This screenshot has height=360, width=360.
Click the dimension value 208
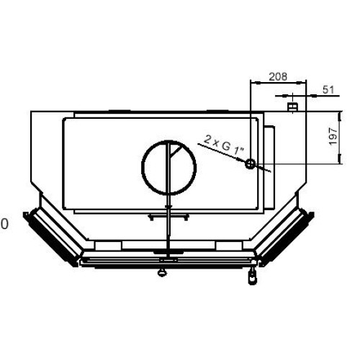point(278,76)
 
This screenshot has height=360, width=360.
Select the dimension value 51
point(328,90)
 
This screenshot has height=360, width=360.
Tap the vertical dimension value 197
point(333,137)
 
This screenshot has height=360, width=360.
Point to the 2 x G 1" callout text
point(224,145)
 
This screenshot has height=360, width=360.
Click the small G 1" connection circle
point(250,163)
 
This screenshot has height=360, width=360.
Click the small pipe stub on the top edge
point(293,107)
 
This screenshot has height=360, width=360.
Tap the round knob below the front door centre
point(162,272)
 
